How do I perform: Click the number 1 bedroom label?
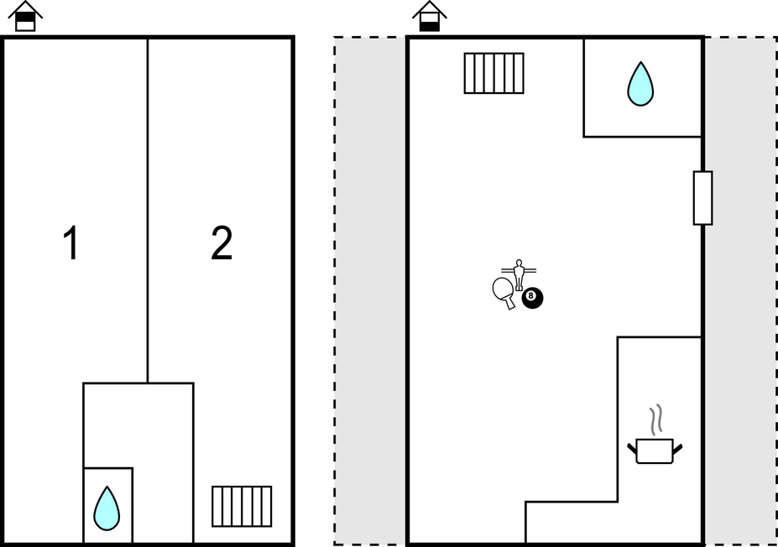[71, 244]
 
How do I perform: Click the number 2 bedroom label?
[221, 244]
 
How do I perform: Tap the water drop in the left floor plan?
[107, 508]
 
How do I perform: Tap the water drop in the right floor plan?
[640, 84]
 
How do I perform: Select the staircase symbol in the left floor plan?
[242, 506]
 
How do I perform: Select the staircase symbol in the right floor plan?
[493, 73]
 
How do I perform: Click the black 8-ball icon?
[532, 297]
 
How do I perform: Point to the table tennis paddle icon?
[504, 290]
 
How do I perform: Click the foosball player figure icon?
[519, 273]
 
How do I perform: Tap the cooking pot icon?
[655, 451]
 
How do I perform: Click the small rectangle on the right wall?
[702, 198]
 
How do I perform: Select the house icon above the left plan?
[26, 16]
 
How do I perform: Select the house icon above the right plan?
[430, 16]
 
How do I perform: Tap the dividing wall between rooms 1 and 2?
[148, 210]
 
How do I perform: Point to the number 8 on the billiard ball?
[531, 296]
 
